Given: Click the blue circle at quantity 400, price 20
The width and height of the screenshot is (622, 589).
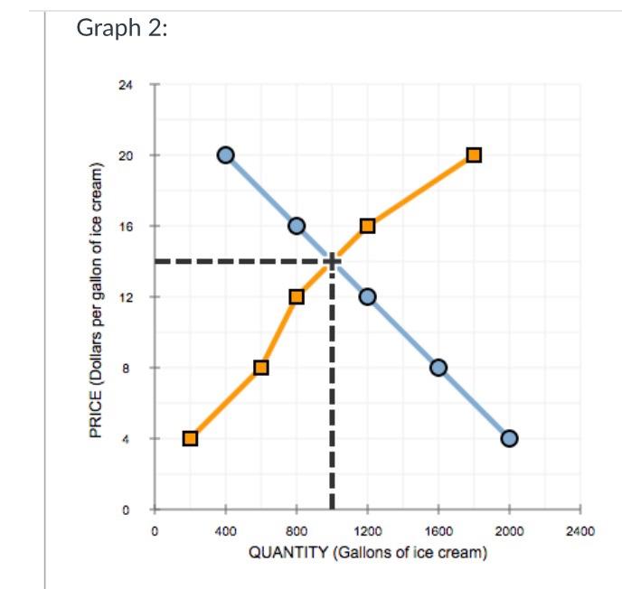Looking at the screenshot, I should (226, 154).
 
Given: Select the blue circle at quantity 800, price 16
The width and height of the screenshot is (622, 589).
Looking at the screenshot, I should (297, 225).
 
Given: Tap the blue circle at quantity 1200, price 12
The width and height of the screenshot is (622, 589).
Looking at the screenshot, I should (367, 296).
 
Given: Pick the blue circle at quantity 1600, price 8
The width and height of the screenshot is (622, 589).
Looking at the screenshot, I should (438, 367).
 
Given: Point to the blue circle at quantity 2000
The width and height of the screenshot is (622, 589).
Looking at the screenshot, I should (509, 438).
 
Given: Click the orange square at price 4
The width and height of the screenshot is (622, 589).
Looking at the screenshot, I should (190, 438).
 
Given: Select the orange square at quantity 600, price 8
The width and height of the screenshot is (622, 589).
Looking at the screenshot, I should (261, 367).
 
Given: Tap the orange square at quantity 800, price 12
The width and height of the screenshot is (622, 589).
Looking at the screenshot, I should (297, 296).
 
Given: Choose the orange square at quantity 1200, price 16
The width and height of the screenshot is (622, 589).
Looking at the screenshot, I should (367, 225).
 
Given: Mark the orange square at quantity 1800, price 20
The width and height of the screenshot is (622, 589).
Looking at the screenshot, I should (474, 154).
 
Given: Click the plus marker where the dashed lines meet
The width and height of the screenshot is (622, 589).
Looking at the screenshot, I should (332, 261).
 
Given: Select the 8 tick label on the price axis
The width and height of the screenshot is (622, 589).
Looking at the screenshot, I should (127, 368).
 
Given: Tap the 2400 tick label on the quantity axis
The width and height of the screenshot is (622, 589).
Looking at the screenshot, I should (580, 531).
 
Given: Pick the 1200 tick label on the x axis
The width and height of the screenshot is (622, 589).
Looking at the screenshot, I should (367, 531).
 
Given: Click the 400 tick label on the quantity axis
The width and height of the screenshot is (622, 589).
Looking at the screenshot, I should (226, 531).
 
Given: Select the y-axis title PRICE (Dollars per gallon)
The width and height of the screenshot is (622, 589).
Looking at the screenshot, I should (94, 298).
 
